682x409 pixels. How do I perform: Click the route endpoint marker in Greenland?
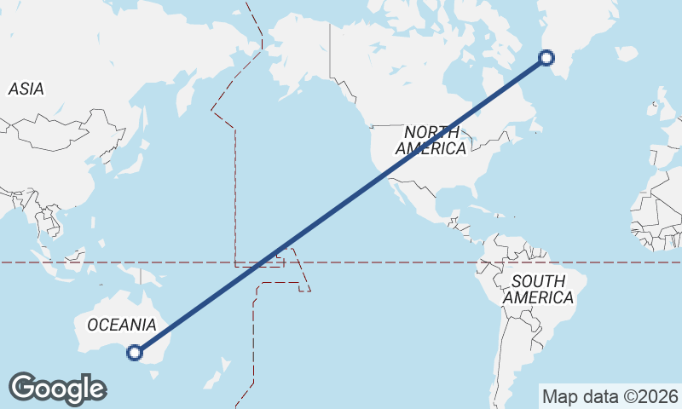(547, 58)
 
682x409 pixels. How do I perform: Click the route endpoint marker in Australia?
(134, 352)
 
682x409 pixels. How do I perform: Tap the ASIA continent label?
(26, 89)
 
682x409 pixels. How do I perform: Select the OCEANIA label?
(122, 325)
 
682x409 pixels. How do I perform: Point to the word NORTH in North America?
(431, 132)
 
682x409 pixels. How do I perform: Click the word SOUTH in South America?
(538, 282)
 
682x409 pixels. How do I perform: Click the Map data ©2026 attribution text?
(610, 396)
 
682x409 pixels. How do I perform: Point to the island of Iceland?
(626, 53)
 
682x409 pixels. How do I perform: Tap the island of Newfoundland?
(536, 126)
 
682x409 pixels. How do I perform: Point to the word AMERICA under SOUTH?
(538, 298)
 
